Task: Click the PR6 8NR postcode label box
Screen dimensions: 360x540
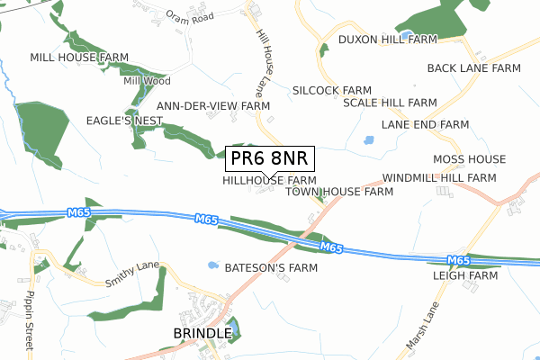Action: [x=269, y=158]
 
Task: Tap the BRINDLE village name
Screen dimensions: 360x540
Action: [x=202, y=334]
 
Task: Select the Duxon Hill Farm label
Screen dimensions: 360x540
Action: [x=387, y=40]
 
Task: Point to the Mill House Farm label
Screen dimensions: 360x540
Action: [x=79, y=57]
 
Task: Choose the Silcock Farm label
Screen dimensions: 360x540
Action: [x=332, y=91]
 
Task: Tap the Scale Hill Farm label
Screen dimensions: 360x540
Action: [x=390, y=103]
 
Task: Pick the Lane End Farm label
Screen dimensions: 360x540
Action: [x=425, y=124]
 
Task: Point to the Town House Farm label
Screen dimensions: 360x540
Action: [x=339, y=192]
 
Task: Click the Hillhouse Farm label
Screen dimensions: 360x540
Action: [x=269, y=180]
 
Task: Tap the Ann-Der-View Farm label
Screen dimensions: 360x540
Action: [x=213, y=105]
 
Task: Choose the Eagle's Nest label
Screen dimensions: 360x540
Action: [x=123, y=120]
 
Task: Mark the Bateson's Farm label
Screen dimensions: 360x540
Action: [x=271, y=268]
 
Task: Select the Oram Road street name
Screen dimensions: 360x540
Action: [x=187, y=16]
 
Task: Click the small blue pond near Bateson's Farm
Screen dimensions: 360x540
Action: [x=212, y=265]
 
